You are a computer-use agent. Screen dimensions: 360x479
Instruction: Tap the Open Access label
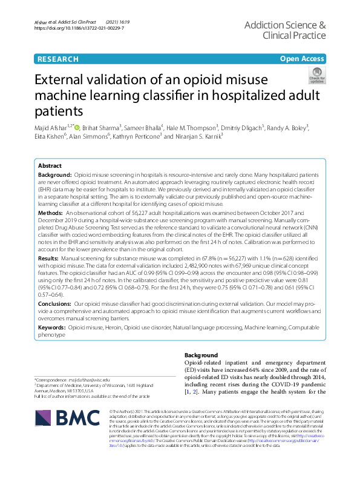303,59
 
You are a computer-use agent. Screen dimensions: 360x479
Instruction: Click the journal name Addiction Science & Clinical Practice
286,31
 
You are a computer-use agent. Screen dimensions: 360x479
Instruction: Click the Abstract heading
50,165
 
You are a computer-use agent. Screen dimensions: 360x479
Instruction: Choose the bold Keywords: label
53,326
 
